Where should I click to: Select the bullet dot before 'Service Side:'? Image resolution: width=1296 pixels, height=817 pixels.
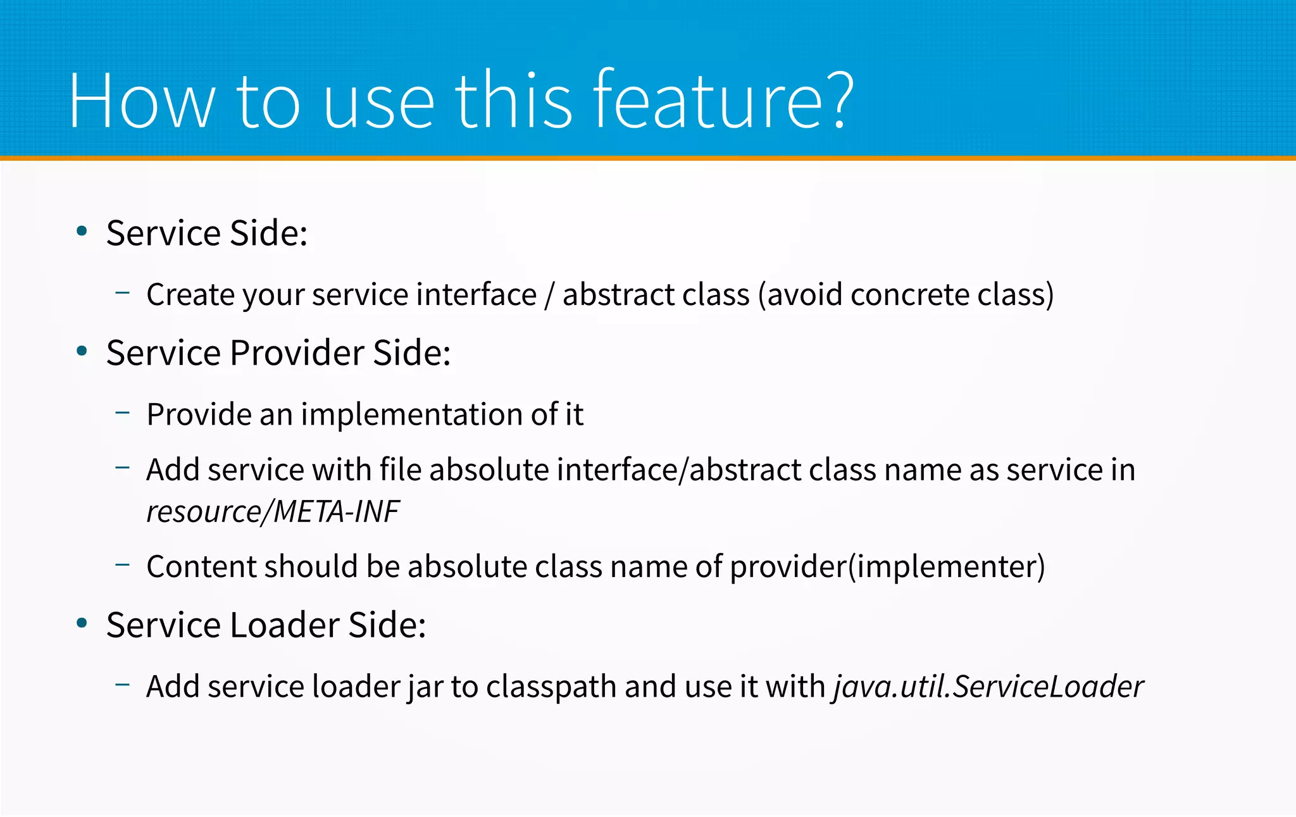[82, 232]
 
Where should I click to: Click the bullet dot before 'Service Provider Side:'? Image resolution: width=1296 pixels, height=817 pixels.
[82, 351]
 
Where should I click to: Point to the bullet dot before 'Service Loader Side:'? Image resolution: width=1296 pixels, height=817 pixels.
[82, 623]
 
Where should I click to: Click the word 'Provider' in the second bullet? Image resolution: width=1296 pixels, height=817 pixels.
[297, 352]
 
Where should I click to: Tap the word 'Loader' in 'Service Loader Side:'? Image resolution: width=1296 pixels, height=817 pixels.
[285, 625]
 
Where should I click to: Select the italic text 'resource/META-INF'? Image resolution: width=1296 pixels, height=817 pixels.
[273, 511]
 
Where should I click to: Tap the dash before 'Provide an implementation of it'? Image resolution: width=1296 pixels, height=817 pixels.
[123, 413]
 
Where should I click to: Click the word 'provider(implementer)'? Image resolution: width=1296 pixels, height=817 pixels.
[887, 566]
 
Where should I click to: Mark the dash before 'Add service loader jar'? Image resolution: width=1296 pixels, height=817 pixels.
[123, 684]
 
